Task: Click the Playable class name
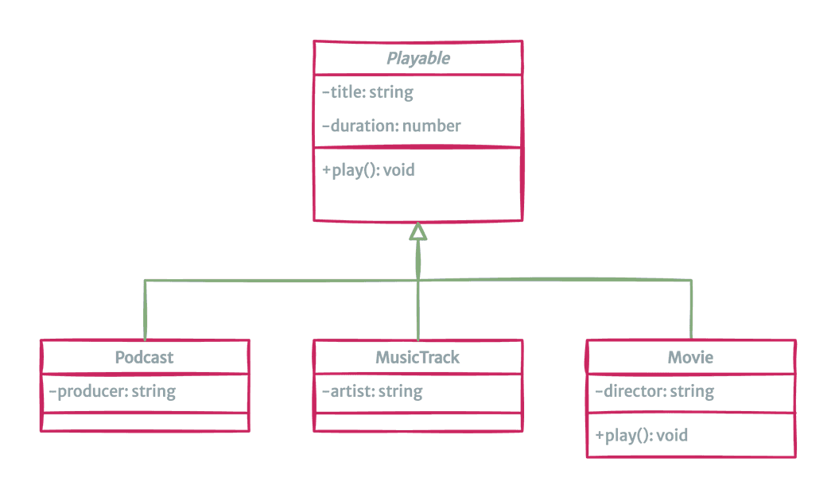click(x=418, y=58)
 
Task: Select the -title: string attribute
click(x=367, y=92)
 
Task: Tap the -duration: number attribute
click(x=391, y=126)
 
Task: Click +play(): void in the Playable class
click(x=368, y=169)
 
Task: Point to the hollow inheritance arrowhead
click(x=418, y=231)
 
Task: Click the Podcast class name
click(x=144, y=357)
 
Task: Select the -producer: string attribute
click(x=112, y=391)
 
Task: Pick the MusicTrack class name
click(x=417, y=357)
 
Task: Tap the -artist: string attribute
click(x=372, y=391)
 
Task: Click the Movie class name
click(x=690, y=357)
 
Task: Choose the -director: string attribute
click(x=654, y=391)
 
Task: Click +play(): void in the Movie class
click(x=641, y=435)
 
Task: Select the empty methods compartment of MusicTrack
click(x=418, y=422)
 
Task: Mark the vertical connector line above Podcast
click(x=145, y=310)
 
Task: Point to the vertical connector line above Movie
click(x=690, y=310)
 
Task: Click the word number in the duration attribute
click(x=431, y=126)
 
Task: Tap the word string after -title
click(x=391, y=92)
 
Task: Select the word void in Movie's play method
click(x=671, y=435)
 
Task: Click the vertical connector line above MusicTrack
click(x=418, y=310)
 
